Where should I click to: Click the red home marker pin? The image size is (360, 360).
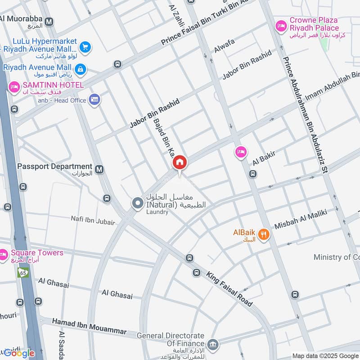pyautogui.click(x=180, y=162)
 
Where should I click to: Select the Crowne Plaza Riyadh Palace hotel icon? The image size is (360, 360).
pyautogui.click(x=282, y=26)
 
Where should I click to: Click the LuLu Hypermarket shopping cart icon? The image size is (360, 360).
pyautogui.click(x=85, y=46)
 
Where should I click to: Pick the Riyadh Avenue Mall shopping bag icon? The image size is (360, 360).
pyautogui.click(x=81, y=69)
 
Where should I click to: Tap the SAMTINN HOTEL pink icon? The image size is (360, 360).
pyautogui.click(x=14, y=85)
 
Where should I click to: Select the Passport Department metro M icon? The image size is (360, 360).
pyautogui.click(x=99, y=169)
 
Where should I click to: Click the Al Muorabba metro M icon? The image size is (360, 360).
pyautogui.click(x=49, y=21)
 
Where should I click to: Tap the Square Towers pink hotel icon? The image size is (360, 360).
pyautogui.click(x=4, y=255)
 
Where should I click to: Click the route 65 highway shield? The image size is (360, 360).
pyautogui.click(x=22, y=272)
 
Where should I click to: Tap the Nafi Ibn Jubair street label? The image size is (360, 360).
pyautogui.click(x=93, y=220)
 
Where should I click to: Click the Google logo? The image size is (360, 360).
pyautogui.click(x=19, y=353)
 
